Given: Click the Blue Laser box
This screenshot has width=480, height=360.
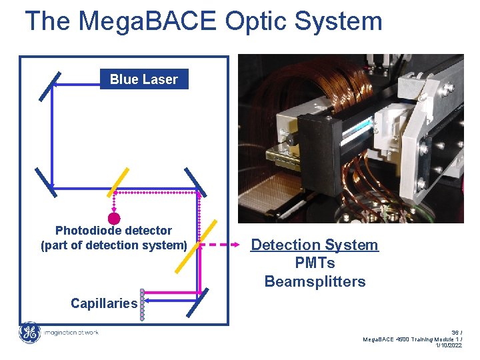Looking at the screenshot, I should click(143, 79).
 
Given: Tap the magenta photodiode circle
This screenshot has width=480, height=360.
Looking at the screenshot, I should click(114, 218).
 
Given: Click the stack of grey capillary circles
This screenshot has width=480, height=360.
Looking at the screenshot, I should click(141, 305).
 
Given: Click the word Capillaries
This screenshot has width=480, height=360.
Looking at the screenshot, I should click(104, 303).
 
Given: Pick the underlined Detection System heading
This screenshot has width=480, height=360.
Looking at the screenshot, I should click(314, 245).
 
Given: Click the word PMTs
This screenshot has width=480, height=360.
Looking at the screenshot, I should click(315, 263).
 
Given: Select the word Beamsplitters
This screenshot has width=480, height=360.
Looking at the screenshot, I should click(315, 281).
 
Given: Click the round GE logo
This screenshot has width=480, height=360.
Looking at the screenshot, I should click(29, 333).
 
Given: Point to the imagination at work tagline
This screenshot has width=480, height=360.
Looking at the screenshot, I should click(70, 333).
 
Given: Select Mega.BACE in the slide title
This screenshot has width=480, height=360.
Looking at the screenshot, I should click(147, 21).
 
